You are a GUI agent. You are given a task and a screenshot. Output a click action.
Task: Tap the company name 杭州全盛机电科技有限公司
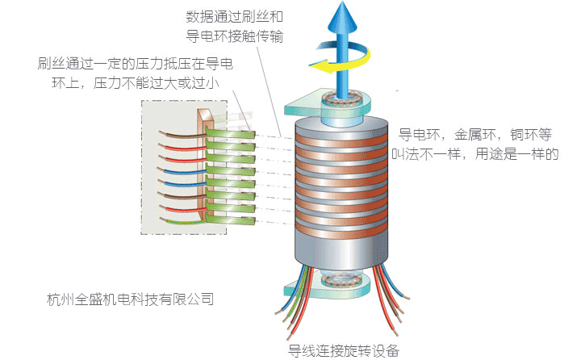click(132, 299)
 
